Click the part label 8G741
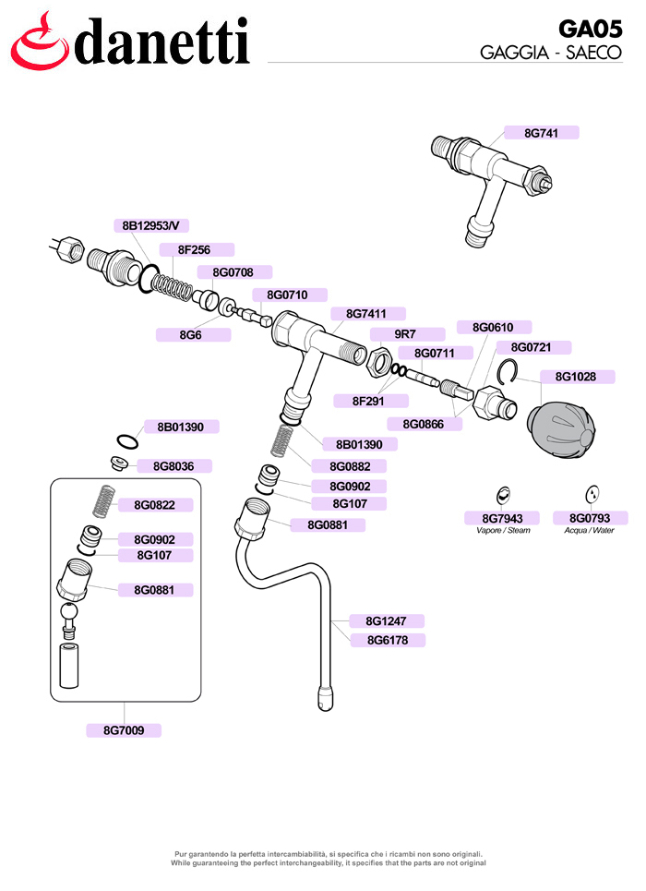pos(541,133)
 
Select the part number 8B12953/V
pos(151,225)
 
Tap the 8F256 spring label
pos(195,249)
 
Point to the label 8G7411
pos(366,314)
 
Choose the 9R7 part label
pos(406,334)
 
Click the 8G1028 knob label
pos(576,377)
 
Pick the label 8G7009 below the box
pos(124,730)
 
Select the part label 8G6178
pos(388,641)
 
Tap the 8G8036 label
pos(173,466)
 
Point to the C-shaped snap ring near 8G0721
pos(506,372)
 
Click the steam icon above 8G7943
pos(503,495)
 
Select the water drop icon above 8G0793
pos(592,494)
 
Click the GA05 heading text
pos(591,29)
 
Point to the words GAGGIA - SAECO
pos(551,53)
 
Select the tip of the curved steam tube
pos(326,706)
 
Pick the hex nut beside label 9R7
pos(379,362)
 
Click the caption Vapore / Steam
pos(503,530)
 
